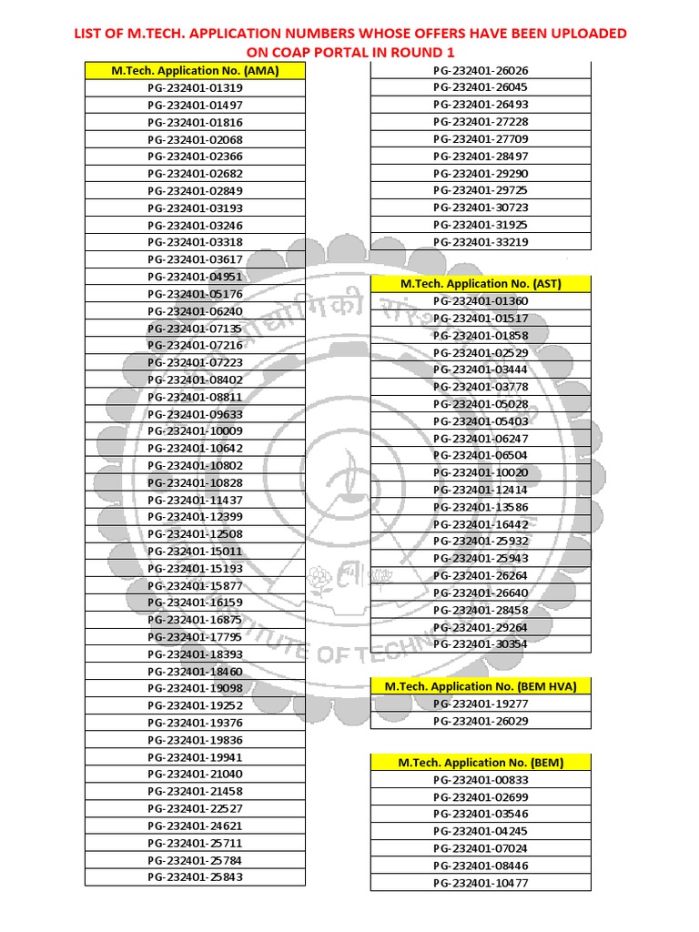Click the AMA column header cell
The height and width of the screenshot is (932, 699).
tap(195, 70)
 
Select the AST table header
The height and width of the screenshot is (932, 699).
tap(481, 283)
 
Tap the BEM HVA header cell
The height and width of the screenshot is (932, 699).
tap(481, 685)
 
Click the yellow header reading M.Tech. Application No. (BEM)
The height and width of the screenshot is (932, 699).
tap(481, 763)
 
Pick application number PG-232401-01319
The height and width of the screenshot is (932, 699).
tap(195, 88)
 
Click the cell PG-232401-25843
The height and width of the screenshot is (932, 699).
tap(195, 877)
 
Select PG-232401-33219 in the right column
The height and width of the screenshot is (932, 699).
tap(481, 242)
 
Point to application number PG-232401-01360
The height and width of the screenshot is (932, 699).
tap(481, 301)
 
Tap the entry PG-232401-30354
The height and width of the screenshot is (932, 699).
tap(481, 643)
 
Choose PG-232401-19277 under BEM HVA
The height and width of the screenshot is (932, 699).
tap(481, 704)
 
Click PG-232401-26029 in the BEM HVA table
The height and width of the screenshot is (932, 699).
tap(481, 721)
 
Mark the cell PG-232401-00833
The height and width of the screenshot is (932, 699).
tap(481, 780)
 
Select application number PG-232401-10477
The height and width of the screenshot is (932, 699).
tap(481, 883)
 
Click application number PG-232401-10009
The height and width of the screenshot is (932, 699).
tap(195, 431)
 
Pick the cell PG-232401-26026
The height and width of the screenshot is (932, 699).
tap(481, 70)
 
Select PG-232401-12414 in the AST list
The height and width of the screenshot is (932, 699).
tap(481, 490)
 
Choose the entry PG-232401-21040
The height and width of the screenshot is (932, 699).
tap(195, 774)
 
